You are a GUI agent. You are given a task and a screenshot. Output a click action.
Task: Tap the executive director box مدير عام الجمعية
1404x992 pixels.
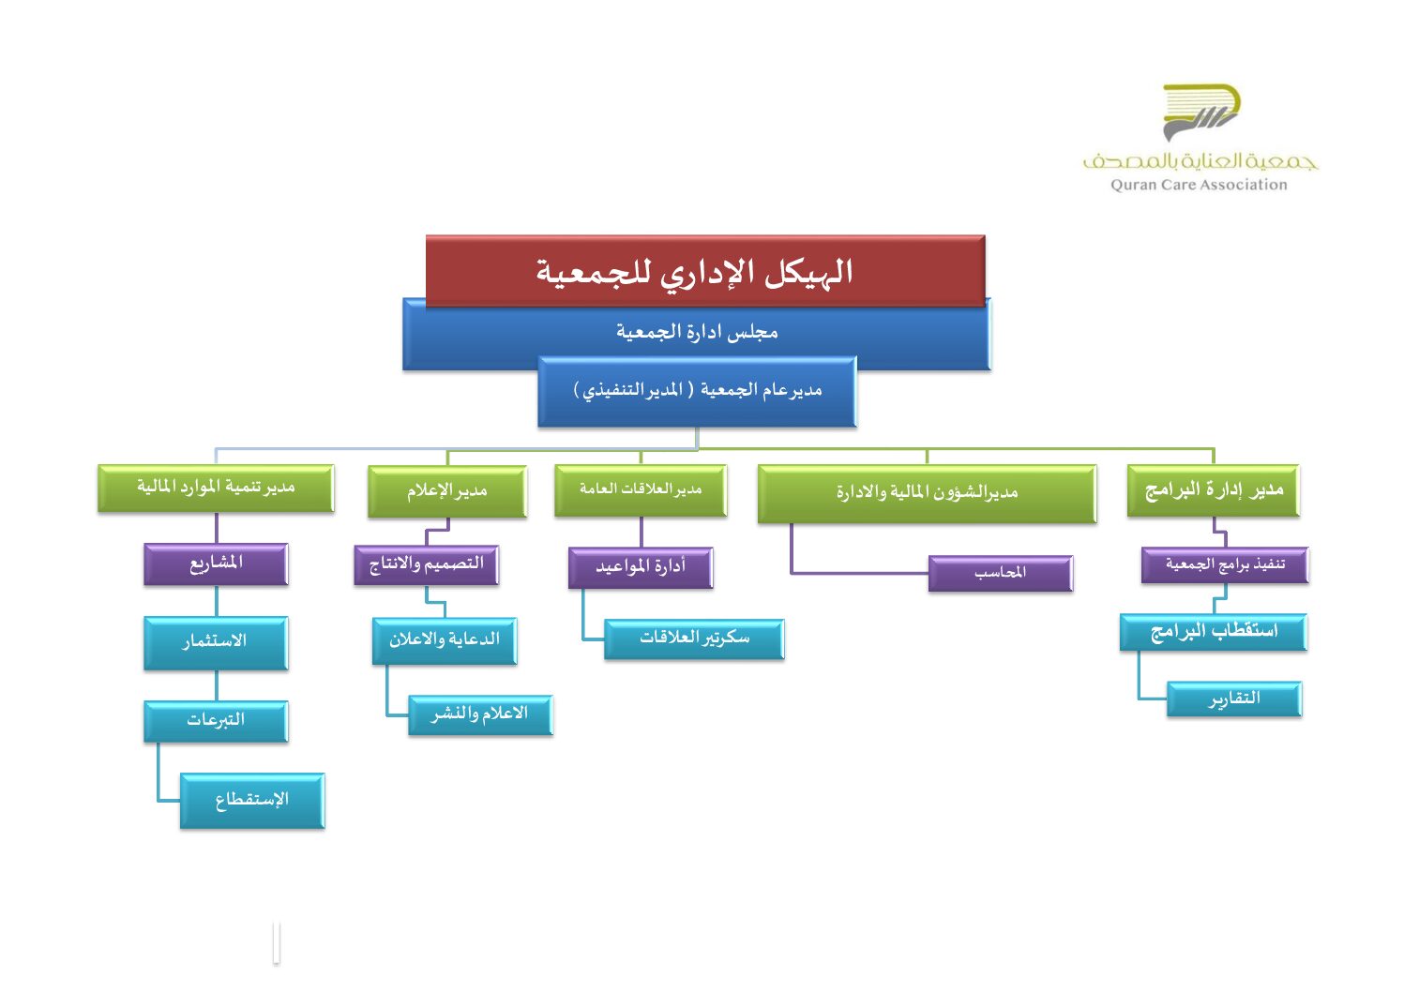[697, 391]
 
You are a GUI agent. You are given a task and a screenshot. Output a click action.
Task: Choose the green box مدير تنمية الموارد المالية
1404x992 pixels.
[216, 488]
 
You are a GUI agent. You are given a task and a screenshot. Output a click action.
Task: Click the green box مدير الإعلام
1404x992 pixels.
[447, 491]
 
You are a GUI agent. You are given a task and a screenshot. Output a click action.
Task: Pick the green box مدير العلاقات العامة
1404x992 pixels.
[641, 490]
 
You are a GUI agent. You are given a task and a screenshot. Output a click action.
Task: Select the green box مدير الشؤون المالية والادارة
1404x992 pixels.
[927, 493]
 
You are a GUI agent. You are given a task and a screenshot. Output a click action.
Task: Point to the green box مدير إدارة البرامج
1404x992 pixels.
[1214, 490]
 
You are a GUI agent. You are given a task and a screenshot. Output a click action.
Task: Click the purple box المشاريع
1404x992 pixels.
[216, 564]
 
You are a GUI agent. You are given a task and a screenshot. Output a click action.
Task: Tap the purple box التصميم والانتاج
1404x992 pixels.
[426, 564]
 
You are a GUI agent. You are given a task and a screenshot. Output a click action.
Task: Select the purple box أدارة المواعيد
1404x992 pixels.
[641, 567]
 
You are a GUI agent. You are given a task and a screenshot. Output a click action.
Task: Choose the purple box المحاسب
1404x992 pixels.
[1000, 573]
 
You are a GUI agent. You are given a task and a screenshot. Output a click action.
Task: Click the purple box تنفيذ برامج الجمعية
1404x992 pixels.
[1224, 565]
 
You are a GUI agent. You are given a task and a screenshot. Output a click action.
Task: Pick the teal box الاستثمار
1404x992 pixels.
[216, 642]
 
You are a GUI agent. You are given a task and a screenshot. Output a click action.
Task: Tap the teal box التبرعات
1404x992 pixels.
[216, 721]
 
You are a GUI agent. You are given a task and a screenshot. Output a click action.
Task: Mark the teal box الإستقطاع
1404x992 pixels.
[252, 800]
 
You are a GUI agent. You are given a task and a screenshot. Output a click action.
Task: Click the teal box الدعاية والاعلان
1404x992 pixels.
[445, 640]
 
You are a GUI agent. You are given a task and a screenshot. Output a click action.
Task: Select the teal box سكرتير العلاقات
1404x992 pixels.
[694, 639]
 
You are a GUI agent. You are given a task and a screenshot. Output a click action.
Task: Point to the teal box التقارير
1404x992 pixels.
[1234, 699]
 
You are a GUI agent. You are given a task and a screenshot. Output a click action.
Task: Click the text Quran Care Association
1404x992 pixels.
[1199, 186]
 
